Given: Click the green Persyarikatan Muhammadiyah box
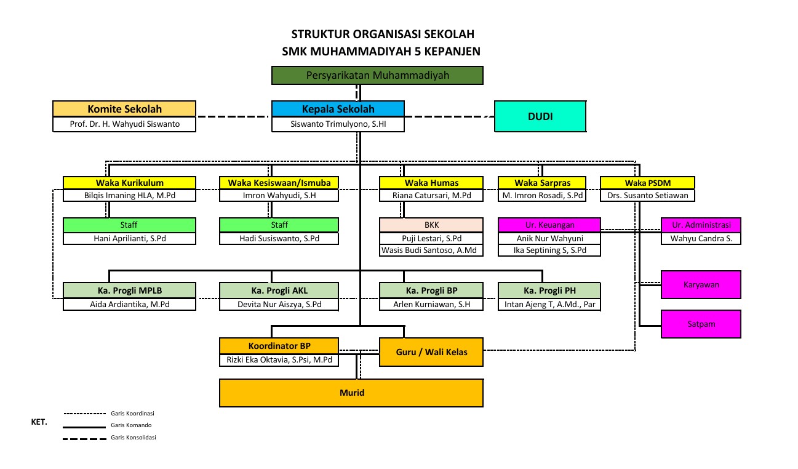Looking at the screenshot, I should [378, 75].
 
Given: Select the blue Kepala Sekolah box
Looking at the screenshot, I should [338, 109].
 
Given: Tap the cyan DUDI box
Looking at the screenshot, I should [540, 116].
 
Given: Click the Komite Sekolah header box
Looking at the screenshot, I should [124, 109].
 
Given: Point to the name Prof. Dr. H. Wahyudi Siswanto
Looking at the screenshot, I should [124, 124].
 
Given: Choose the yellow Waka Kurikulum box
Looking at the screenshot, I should [129, 183].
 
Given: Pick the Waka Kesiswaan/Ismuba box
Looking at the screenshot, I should [279, 183].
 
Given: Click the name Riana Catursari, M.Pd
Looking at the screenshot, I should [432, 196].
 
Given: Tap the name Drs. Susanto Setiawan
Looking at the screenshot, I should [647, 196].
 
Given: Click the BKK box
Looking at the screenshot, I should [432, 225].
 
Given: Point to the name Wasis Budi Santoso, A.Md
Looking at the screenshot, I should [432, 251].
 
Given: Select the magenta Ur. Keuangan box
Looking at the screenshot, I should [549, 225].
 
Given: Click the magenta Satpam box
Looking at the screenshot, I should [701, 324].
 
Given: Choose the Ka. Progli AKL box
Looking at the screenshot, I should [279, 291].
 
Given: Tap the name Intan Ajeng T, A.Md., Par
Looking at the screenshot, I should [549, 305].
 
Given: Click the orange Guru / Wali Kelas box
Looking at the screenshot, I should [431, 352].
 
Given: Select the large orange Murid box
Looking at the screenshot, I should [351, 393].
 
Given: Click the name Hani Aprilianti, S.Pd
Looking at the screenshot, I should [129, 239].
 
